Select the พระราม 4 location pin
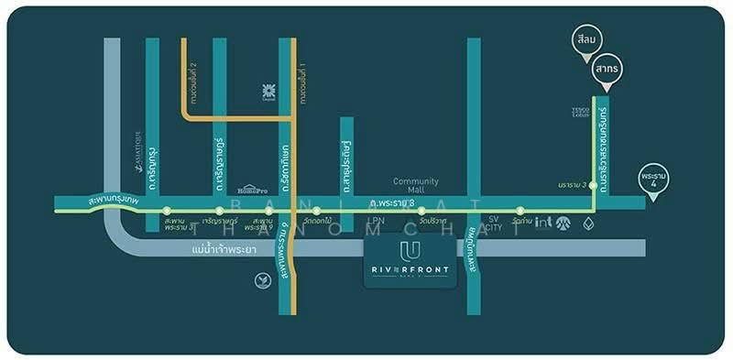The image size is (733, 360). click(x=654, y=178)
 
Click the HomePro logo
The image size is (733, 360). click(x=251, y=189)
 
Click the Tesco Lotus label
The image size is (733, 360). click(x=580, y=112)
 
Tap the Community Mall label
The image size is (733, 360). click(x=416, y=186)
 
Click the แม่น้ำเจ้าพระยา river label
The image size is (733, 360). click(x=224, y=249)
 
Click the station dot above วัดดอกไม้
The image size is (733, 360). click(x=316, y=211)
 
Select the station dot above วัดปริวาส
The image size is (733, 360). click(x=421, y=211)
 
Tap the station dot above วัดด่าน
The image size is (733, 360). click(x=520, y=211)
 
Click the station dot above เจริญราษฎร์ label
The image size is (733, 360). click(x=219, y=211)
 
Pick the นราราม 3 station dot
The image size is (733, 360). click(x=594, y=185)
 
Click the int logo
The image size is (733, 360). click(x=543, y=222)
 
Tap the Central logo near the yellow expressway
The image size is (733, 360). click(x=269, y=91)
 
